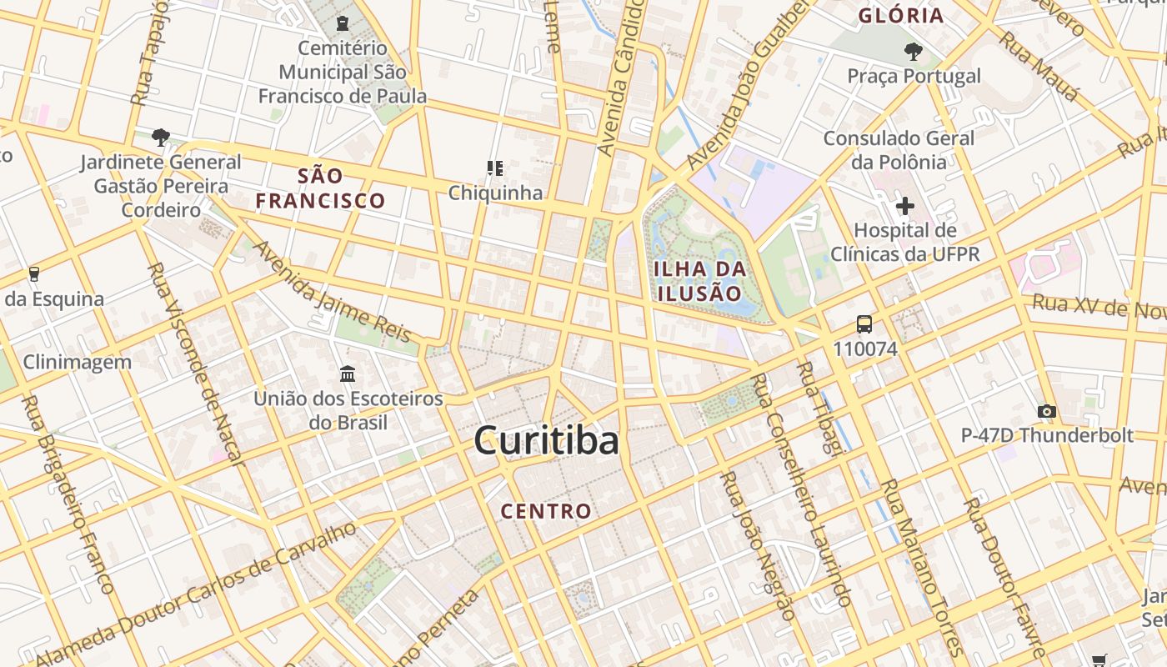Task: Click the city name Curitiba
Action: pyautogui.click(x=546, y=440)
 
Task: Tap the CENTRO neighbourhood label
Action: pyautogui.click(x=546, y=511)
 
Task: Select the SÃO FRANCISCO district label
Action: pyautogui.click(x=320, y=188)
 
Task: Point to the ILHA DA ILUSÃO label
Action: pyautogui.click(x=699, y=281)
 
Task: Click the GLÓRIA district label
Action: pyautogui.click(x=901, y=15)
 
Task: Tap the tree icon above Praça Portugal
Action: pyautogui.click(x=914, y=52)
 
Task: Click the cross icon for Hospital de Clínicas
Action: pyautogui.click(x=904, y=205)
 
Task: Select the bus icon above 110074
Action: pyautogui.click(x=864, y=324)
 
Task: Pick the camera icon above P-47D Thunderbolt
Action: pyautogui.click(x=1047, y=411)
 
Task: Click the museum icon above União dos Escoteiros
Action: pyautogui.click(x=348, y=374)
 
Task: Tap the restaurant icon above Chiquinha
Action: pyautogui.click(x=495, y=168)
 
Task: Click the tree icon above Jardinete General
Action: pyautogui.click(x=161, y=137)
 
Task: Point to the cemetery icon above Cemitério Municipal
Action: pyautogui.click(x=342, y=23)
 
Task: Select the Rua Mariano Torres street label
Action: pyautogui.click(x=921, y=567)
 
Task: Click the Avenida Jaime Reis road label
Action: pyautogui.click(x=333, y=292)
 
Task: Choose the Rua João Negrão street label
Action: pyautogui.click(x=758, y=546)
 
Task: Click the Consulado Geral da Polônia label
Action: pyautogui.click(x=899, y=150)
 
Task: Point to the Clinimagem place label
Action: pyautogui.click(x=78, y=362)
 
